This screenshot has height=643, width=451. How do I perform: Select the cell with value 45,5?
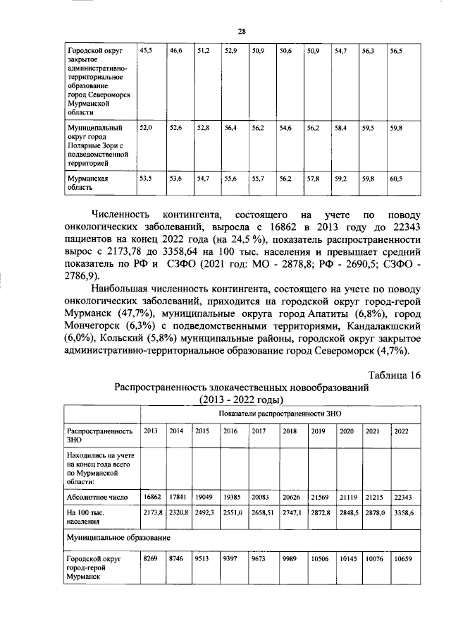[x=146, y=52]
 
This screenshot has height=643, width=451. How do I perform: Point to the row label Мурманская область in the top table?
[x=87, y=184]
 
